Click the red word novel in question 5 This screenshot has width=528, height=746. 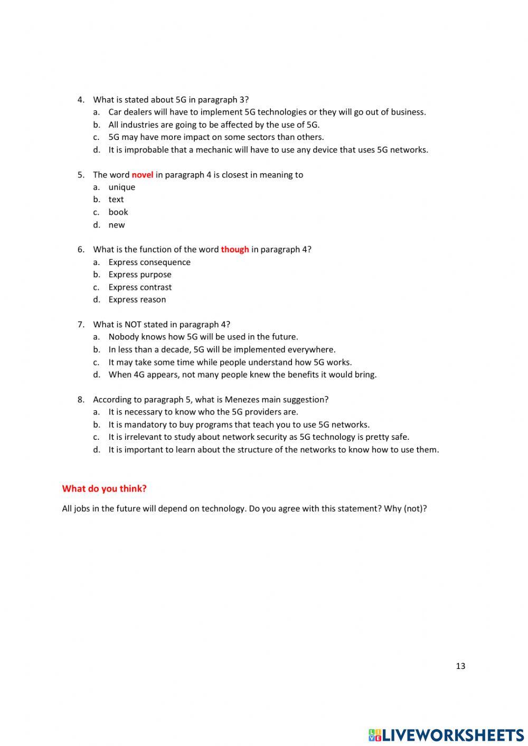142,175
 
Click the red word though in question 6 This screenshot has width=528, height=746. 234,250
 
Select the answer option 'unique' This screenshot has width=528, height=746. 121,187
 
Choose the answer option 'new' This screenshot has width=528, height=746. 117,225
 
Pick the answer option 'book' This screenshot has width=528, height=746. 118,212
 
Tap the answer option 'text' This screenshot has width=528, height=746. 116,200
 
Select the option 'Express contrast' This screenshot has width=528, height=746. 140,287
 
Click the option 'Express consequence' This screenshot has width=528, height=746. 149,262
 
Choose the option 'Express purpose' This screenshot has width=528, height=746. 140,275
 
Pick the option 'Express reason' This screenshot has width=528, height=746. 137,300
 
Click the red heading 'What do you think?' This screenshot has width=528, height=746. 104,489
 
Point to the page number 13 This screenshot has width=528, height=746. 460,666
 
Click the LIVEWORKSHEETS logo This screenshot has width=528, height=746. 446,735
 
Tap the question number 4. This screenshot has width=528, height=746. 81,100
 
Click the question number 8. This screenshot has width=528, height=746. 81,400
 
